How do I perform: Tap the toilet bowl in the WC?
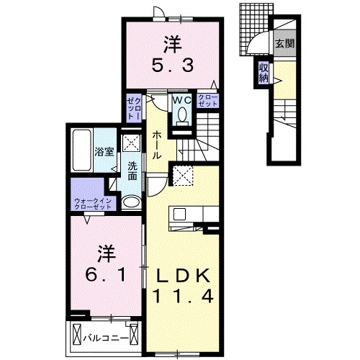click(181, 116)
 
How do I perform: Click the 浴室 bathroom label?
click(104, 151)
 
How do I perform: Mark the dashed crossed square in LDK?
click(181, 174)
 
